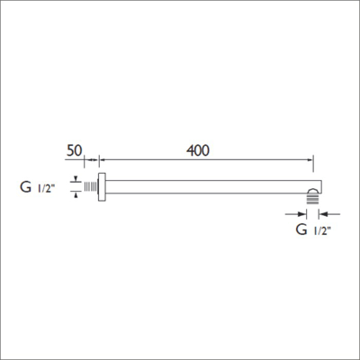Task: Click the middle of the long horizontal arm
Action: (x=207, y=187)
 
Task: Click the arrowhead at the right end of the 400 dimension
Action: (x=310, y=161)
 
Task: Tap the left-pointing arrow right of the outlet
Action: (x=324, y=214)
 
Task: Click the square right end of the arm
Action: (x=314, y=185)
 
